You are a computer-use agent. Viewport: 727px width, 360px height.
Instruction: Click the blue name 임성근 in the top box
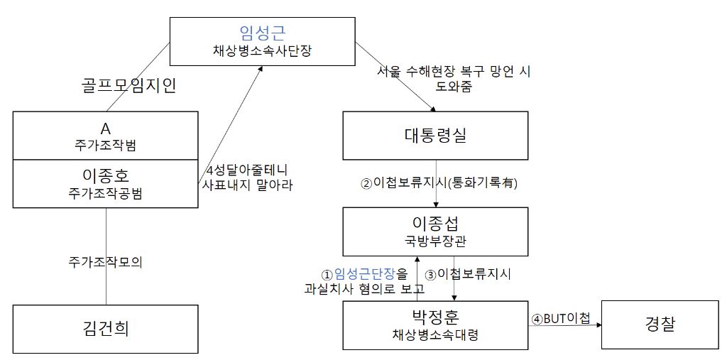263,32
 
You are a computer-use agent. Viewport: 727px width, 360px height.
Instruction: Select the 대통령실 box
435,136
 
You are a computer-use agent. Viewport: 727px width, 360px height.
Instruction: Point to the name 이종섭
435,224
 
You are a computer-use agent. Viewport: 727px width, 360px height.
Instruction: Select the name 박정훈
435,317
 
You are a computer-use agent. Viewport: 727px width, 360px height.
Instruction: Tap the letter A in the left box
106,129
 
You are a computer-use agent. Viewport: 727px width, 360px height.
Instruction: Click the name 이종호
106,174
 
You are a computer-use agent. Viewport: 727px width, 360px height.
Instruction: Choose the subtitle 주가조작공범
106,192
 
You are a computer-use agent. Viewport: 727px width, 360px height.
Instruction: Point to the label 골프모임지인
128,87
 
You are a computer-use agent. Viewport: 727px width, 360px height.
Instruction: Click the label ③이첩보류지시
467,273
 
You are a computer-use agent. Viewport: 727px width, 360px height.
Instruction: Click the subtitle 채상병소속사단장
263,51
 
